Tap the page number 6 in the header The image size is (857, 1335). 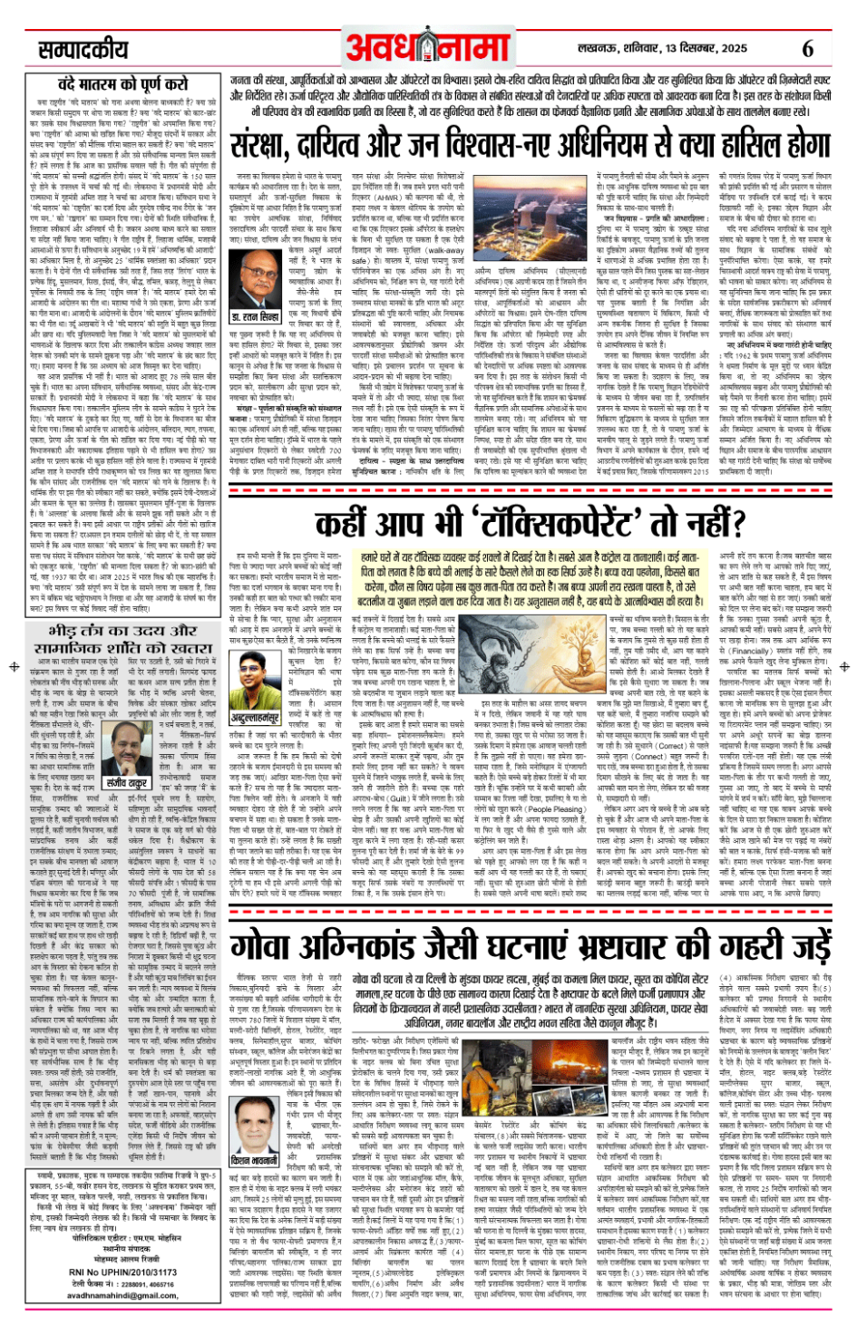[807, 48]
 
